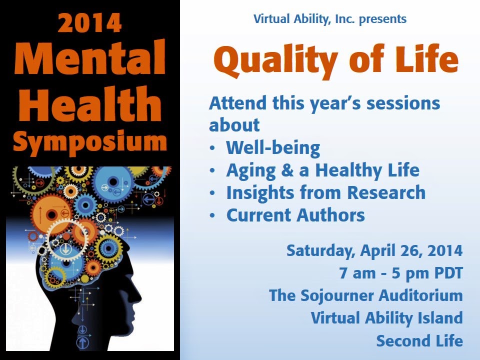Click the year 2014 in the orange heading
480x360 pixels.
point(89,23)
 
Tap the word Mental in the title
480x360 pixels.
point(90,57)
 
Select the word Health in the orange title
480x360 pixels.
point(90,103)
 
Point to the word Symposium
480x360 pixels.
point(90,141)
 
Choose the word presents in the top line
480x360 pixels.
point(382,19)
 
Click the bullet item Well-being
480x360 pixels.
point(273,148)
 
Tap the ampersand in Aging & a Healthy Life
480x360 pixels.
point(287,170)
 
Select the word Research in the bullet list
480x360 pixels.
point(386,192)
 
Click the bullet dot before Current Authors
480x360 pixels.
point(212,215)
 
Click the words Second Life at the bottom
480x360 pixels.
point(419,340)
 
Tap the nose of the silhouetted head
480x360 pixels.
point(138,296)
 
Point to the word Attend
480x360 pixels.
point(237,103)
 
